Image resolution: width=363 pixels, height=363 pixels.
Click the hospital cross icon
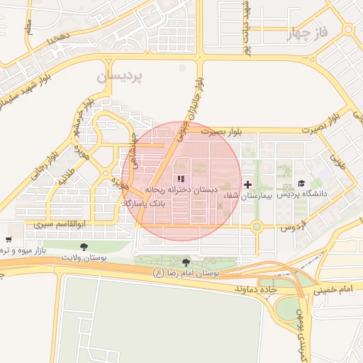coord(247,184)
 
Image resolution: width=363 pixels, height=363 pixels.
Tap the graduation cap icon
coord(301,184)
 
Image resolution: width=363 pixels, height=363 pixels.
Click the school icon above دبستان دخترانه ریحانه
coord(181,179)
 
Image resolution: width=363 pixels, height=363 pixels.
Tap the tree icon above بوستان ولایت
coord(84,247)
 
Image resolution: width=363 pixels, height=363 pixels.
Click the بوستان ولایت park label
coord(84,257)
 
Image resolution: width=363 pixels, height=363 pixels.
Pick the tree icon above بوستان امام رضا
coord(186,262)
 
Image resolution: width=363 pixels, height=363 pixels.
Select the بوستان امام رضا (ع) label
coord(187,273)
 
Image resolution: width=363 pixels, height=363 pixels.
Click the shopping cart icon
coord(8,240)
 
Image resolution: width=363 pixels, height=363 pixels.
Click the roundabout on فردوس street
coord(257,227)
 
